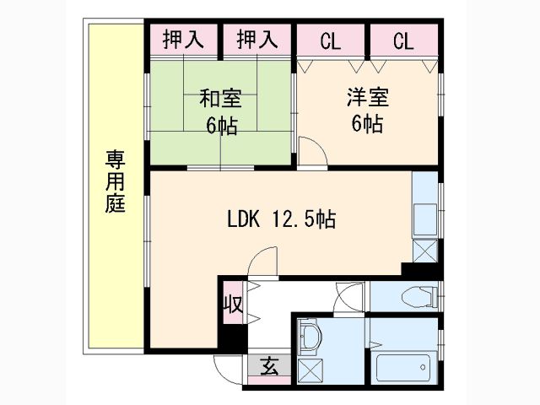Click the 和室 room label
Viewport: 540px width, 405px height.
(x=221, y=99)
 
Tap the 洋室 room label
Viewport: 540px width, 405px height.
(x=368, y=97)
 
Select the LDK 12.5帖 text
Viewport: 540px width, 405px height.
(x=281, y=219)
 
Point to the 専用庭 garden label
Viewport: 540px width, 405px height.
(x=115, y=181)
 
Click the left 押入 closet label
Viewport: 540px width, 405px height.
(x=183, y=40)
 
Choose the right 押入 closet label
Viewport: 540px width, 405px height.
(x=257, y=40)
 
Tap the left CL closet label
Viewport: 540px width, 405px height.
(x=330, y=41)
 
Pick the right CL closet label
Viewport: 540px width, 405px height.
(x=403, y=41)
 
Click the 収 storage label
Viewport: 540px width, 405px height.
(x=234, y=304)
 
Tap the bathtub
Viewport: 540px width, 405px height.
(x=404, y=368)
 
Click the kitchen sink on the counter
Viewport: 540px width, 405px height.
(x=425, y=219)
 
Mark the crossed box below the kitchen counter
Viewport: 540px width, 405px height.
(x=425, y=251)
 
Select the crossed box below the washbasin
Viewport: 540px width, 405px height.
(x=310, y=370)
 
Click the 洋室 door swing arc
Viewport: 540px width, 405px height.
(x=312, y=151)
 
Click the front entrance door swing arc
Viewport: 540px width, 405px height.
(x=228, y=370)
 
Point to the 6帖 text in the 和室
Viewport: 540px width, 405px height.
(x=221, y=126)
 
